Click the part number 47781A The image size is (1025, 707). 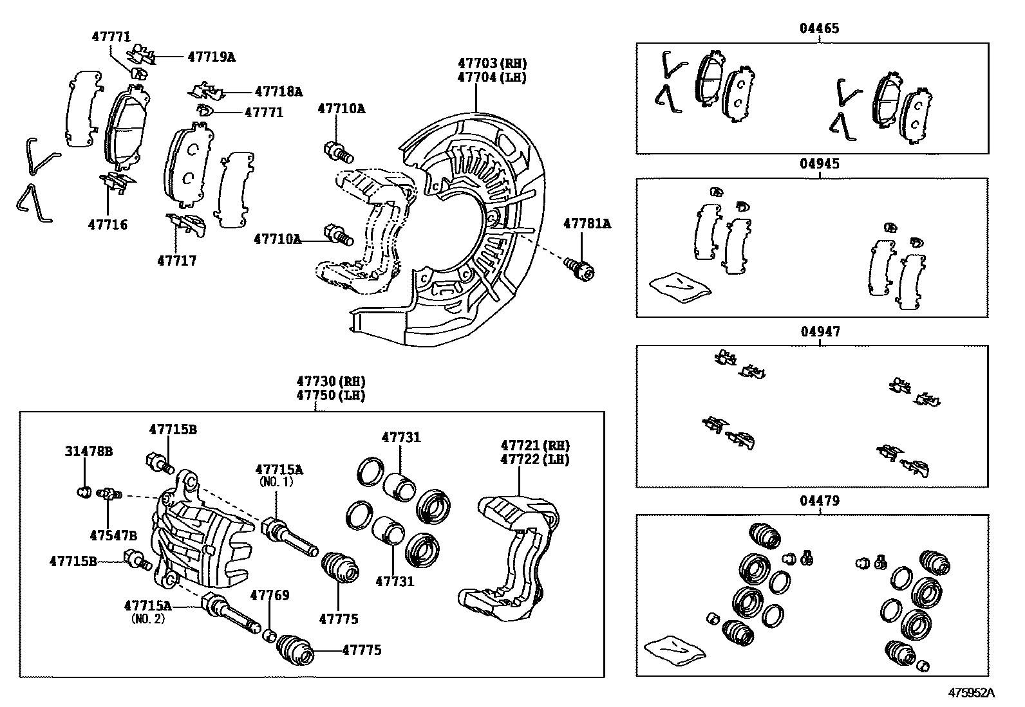587,224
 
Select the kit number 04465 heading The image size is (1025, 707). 819,28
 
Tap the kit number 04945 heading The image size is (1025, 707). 819,163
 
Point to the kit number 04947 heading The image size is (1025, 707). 819,331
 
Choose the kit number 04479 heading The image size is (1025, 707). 819,500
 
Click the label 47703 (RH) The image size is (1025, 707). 492,63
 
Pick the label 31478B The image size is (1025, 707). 88,451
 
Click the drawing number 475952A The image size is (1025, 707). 970,693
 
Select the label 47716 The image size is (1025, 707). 108,225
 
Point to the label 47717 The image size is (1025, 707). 176,261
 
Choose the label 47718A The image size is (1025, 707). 277,91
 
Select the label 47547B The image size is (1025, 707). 113,535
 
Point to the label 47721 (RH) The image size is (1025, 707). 535,445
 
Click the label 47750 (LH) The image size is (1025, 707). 330,395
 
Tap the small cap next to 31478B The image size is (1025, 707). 82,493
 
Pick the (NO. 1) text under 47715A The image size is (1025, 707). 276,482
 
